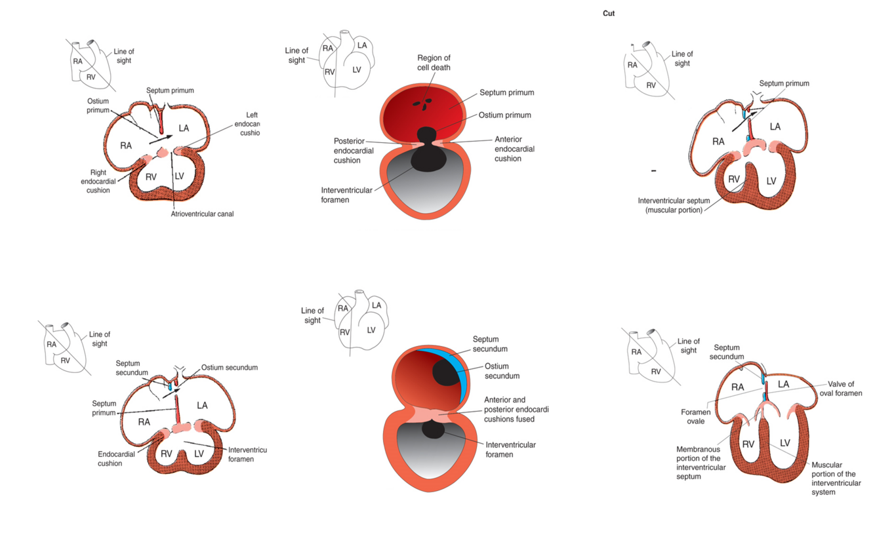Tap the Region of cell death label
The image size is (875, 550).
coord(434,63)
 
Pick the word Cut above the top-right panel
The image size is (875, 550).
coord(609,13)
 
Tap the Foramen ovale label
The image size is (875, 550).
coord(695,417)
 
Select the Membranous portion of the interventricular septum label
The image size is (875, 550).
coord(701,463)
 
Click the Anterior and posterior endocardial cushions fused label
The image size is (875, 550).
coord(516,409)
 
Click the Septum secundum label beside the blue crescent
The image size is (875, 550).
coord(491,344)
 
